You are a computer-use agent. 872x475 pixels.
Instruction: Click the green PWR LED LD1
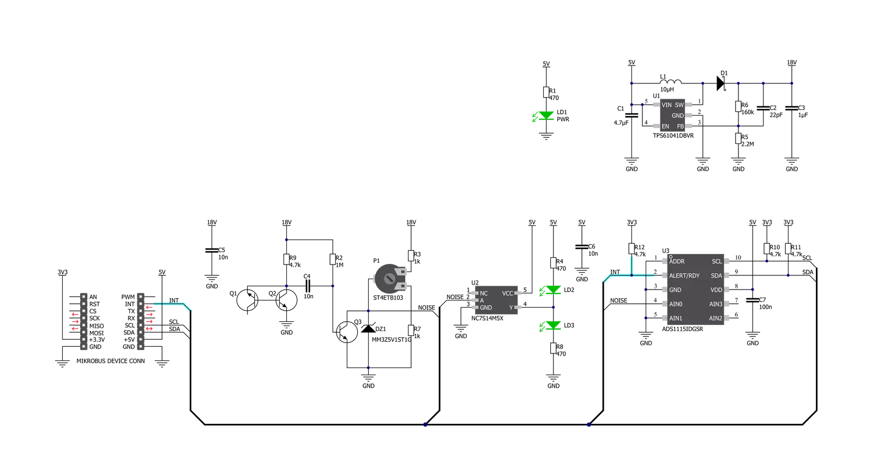(546, 116)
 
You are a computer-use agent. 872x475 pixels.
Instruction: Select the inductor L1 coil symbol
(671, 81)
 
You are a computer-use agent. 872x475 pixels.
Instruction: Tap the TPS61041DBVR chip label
(673, 136)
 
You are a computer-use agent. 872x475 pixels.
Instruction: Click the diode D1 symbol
(721, 83)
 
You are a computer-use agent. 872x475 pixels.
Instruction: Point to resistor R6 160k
(738, 106)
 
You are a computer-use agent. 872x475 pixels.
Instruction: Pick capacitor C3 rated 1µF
(791, 108)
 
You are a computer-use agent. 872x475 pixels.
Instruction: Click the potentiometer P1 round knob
(389, 278)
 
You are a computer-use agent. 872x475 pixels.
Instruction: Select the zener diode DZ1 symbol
(368, 328)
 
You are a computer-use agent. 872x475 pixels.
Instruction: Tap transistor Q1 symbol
(248, 300)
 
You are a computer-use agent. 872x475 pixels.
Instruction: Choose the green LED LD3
(553, 325)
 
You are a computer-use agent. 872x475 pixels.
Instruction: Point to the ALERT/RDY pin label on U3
(684, 275)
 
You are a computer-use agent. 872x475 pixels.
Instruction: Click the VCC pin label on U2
(507, 293)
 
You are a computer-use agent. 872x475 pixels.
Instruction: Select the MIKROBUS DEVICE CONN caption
(111, 361)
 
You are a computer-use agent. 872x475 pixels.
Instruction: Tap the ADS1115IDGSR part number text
(682, 329)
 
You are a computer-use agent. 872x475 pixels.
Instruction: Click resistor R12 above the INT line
(632, 249)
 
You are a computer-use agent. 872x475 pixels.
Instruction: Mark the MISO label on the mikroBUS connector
(97, 326)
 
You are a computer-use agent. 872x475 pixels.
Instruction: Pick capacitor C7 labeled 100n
(753, 300)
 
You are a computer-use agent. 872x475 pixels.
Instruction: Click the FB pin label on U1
(680, 126)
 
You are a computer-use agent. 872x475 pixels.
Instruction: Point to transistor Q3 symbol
(346, 332)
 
